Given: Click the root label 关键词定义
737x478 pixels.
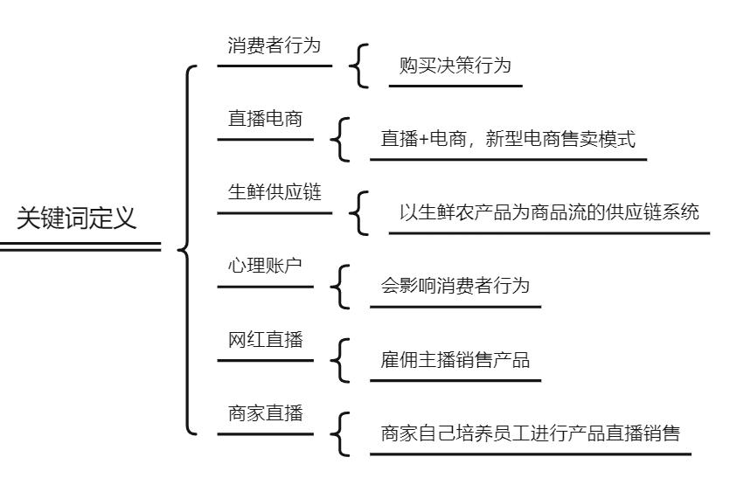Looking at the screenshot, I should click(78, 217).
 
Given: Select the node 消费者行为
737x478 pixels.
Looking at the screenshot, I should click(274, 45).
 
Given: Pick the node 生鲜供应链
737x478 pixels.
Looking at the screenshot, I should click(274, 192).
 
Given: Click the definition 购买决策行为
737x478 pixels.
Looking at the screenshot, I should click(455, 67).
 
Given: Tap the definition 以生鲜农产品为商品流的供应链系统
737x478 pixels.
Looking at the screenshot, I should click(548, 213).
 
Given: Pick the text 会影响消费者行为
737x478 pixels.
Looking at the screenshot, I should click(455, 287).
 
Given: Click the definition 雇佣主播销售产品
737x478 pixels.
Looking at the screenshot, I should click(455, 361).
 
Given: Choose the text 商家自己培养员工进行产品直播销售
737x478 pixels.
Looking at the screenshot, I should click(530, 434).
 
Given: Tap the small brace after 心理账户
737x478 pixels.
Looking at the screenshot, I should click(339, 287).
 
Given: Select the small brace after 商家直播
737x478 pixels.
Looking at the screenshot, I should click(339, 434).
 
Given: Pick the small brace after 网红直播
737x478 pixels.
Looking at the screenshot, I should click(339, 361).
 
